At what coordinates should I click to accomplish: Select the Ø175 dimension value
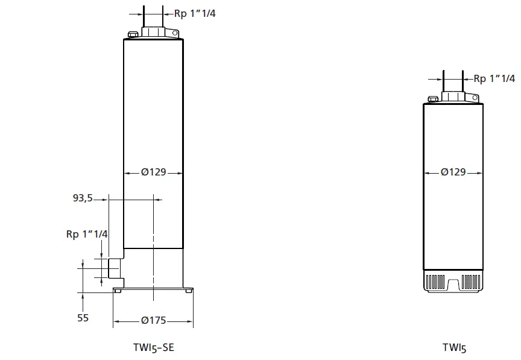pyautogui.click(x=153, y=320)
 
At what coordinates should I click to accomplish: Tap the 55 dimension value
pyautogui.click(x=83, y=317)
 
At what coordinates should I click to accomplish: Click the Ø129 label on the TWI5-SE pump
pyautogui.click(x=153, y=172)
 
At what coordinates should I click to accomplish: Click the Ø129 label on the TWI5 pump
pyautogui.click(x=453, y=172)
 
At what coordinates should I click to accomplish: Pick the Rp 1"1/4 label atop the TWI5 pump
pyautogui.click(x=494, y=78)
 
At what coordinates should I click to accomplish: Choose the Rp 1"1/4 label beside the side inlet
pyautogui.click(x=86, y=234)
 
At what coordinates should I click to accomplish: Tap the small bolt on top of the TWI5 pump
pyautogui.click(x=432, y=99)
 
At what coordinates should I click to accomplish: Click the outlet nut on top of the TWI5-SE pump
pyautogui.click(x=153, y=31)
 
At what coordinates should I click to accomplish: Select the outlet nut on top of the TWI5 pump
pyautogui.click(x=453, y=96)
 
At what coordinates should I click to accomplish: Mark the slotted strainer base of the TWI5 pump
pyautogui.click(x=453, y=282)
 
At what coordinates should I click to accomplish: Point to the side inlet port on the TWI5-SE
pyautogui.click(x=115, y=269)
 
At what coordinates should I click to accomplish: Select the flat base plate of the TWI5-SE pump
pyautogui.click(x=153, y=289)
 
